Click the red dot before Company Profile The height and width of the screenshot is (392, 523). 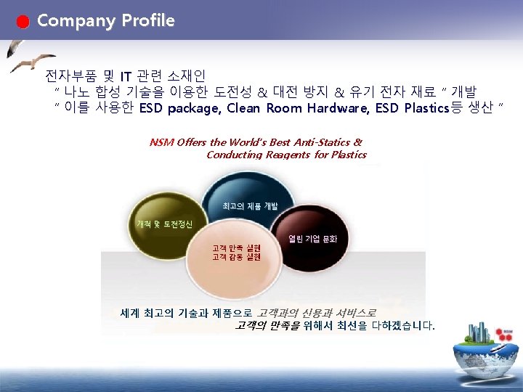[24, 22]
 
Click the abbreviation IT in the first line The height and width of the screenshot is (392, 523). [126, 75]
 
